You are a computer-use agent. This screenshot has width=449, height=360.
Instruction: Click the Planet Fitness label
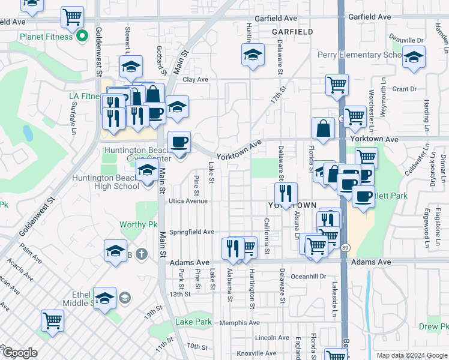[x=46, y=37]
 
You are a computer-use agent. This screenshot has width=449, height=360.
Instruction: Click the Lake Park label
[x=193, y=322]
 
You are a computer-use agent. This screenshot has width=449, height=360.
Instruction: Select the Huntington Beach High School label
[x=106, y=182]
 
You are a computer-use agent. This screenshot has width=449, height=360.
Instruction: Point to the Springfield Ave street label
[x=191, y=232]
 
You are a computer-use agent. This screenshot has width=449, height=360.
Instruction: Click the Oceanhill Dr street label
[x=306, y=277]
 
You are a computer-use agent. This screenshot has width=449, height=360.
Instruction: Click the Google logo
[x=20, y=353]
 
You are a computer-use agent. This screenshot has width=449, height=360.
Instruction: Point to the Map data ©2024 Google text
[x=411, y=355]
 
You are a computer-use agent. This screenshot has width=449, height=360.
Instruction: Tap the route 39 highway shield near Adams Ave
[x=344, y=247]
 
